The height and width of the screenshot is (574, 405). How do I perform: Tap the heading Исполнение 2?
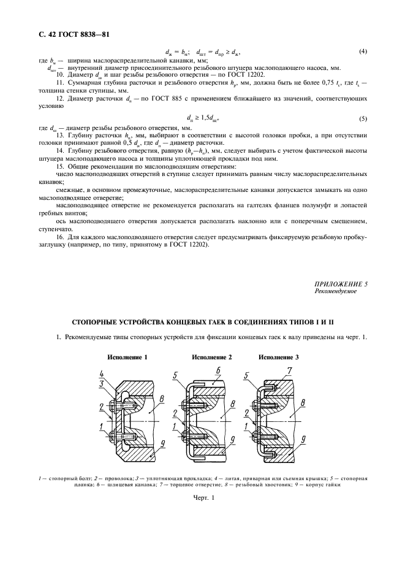[212, 357]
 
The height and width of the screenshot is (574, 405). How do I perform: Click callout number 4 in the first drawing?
[101, 373]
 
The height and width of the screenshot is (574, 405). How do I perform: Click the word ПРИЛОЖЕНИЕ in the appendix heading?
[335, 284]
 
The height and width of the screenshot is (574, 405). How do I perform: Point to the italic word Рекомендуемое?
[335, 291]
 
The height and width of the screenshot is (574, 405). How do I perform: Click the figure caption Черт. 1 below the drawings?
[203, 498]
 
